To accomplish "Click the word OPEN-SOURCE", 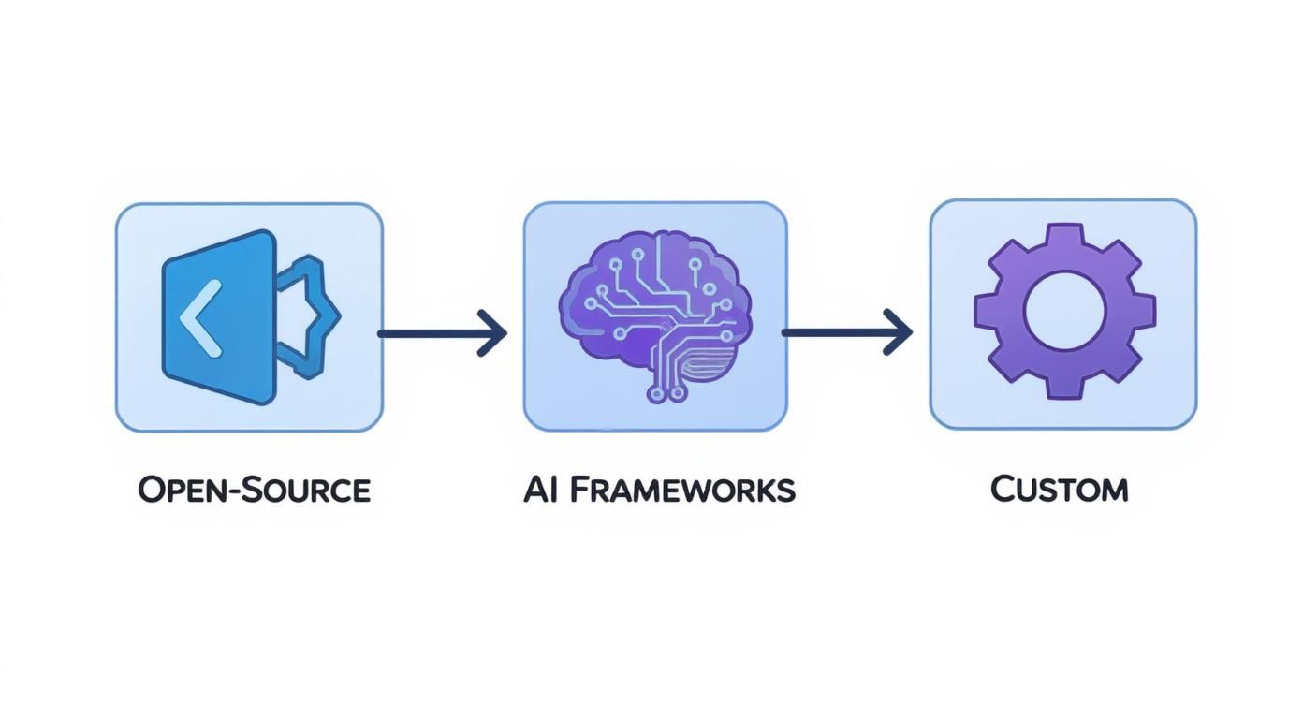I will coord(254,490).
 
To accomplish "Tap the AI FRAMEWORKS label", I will coord(659,490).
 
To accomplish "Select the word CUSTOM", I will coord(1059,489).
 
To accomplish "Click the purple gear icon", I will coord(1064,312).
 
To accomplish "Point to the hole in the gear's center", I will coord(1064,312).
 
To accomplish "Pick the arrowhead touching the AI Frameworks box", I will coord(493,332).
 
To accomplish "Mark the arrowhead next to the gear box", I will coord(900,331).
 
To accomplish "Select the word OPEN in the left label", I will coord(179,490).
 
